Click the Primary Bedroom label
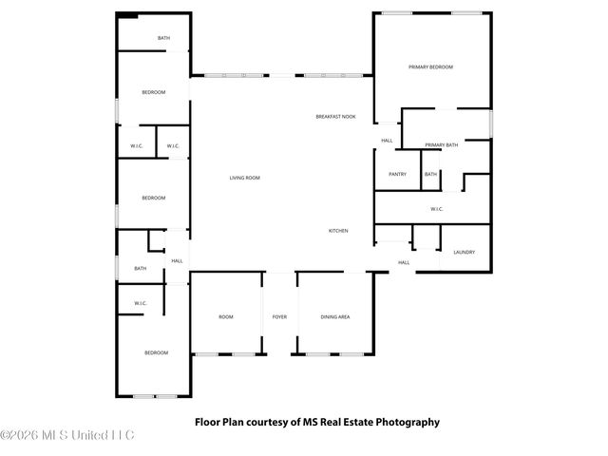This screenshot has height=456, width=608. [430, 67]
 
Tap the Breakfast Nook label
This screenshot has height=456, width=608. [335, 117]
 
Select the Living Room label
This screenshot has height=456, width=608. [244, 178]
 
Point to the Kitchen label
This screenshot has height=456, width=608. [338, 231]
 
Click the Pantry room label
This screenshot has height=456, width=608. [397, 174]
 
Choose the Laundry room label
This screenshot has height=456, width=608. [464, 252]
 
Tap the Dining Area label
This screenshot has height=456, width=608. [334, 316]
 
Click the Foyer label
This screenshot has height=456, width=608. [279, 316]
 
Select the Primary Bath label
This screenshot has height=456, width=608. [441, 144]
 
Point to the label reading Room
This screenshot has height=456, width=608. [226, 316]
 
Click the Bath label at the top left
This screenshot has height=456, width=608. [163, 38]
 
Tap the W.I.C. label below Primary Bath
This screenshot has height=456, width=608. [437, 209]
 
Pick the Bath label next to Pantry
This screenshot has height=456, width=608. [430, 174]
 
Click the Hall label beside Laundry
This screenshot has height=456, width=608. [404, 262]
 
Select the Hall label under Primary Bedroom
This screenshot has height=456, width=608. [387, 141]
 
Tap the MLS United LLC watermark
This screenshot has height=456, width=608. [68, 435]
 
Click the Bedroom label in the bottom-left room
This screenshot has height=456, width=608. [156, 352]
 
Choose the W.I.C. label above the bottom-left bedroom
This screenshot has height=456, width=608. [141, 303]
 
